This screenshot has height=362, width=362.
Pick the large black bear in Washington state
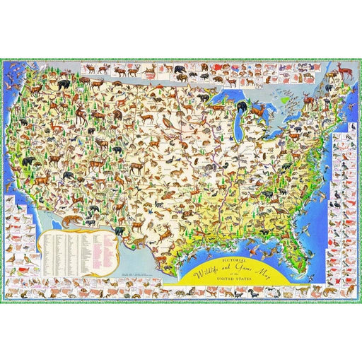pos(64,86)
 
